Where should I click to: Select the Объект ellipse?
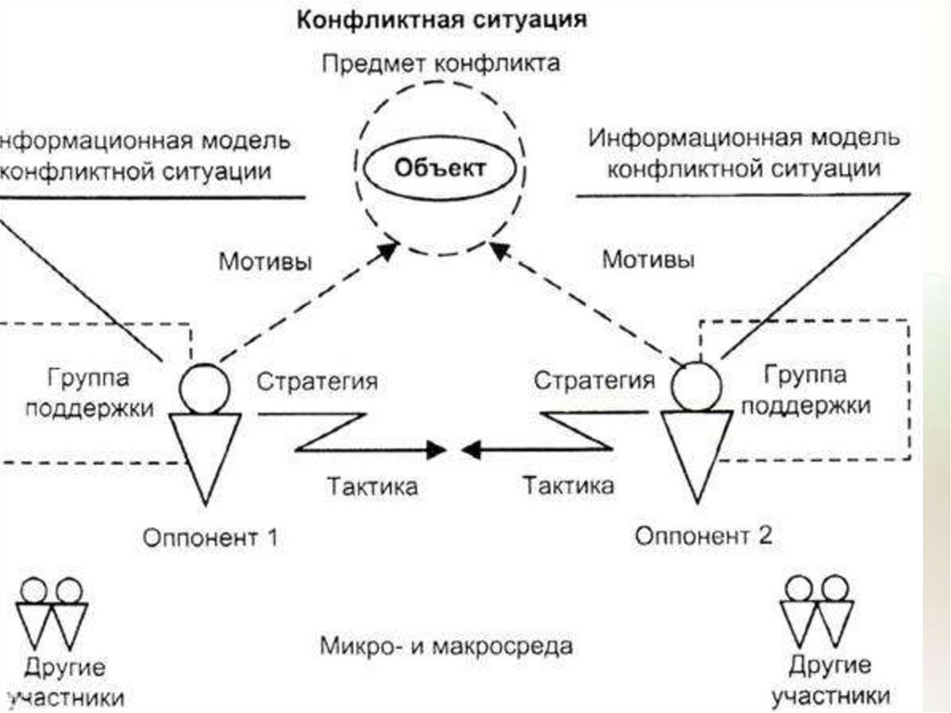[x=439, y=169]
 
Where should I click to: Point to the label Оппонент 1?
[x=211, y=536]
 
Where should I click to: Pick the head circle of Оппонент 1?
[x=203, y=387]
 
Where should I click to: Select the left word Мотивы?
[x=266, y=260]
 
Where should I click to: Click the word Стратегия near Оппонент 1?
[x=318, y=382]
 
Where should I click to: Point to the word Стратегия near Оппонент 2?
[x=593, y=382]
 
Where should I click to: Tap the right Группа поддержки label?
[x=804, y=390]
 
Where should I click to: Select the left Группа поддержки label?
[x=88, y=393]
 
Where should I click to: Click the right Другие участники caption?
[x=831, y=680]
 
